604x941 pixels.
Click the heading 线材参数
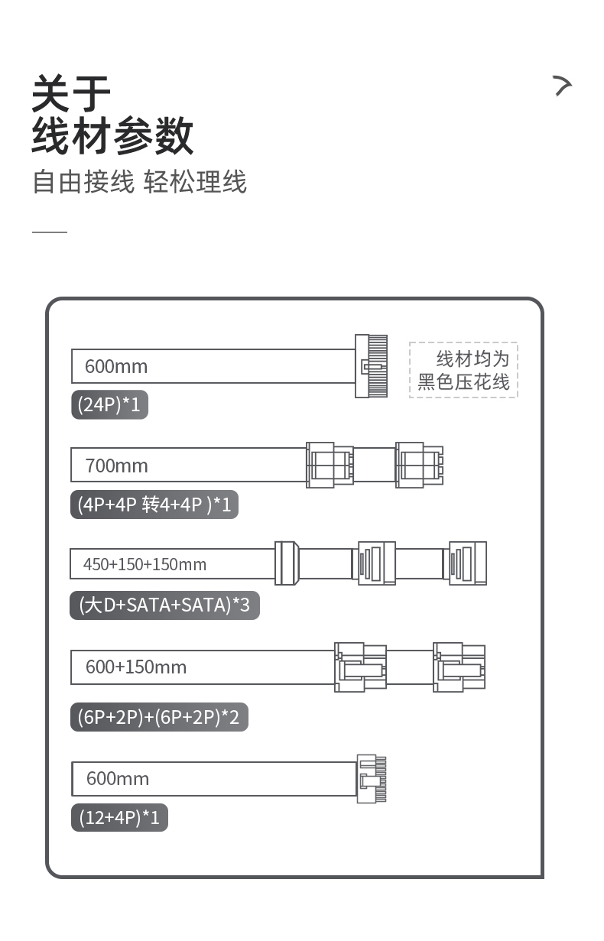[x=112, y=137]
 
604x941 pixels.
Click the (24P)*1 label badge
[x=109, y=404]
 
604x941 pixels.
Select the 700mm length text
[x=116, y=466]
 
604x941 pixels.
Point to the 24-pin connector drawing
[x=371, y=366]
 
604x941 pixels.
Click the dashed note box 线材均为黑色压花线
[x=463, y=370]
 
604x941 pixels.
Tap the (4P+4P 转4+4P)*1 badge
[x=154, y=505]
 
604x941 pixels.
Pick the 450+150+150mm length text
[x=145, y=564]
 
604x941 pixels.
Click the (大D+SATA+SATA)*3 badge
[x=164, y=605]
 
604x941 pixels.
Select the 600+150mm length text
[x=135, y=667]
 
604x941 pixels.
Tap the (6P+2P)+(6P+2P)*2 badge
[x=159, y=717]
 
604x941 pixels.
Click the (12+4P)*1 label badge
[x=119, y=818]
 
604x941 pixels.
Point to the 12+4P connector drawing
[x=372, y=779]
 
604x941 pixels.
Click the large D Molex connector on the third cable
[x=286, y=563]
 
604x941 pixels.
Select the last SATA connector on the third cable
[x=467, y=563]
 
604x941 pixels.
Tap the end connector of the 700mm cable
[x=418, y=465]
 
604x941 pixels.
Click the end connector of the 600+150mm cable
[x=459, y=667]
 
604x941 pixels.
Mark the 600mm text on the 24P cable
[x=116, y=366]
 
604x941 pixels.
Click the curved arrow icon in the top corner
[x=563, y=86]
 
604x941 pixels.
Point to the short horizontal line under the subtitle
[x=50, y=232]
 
